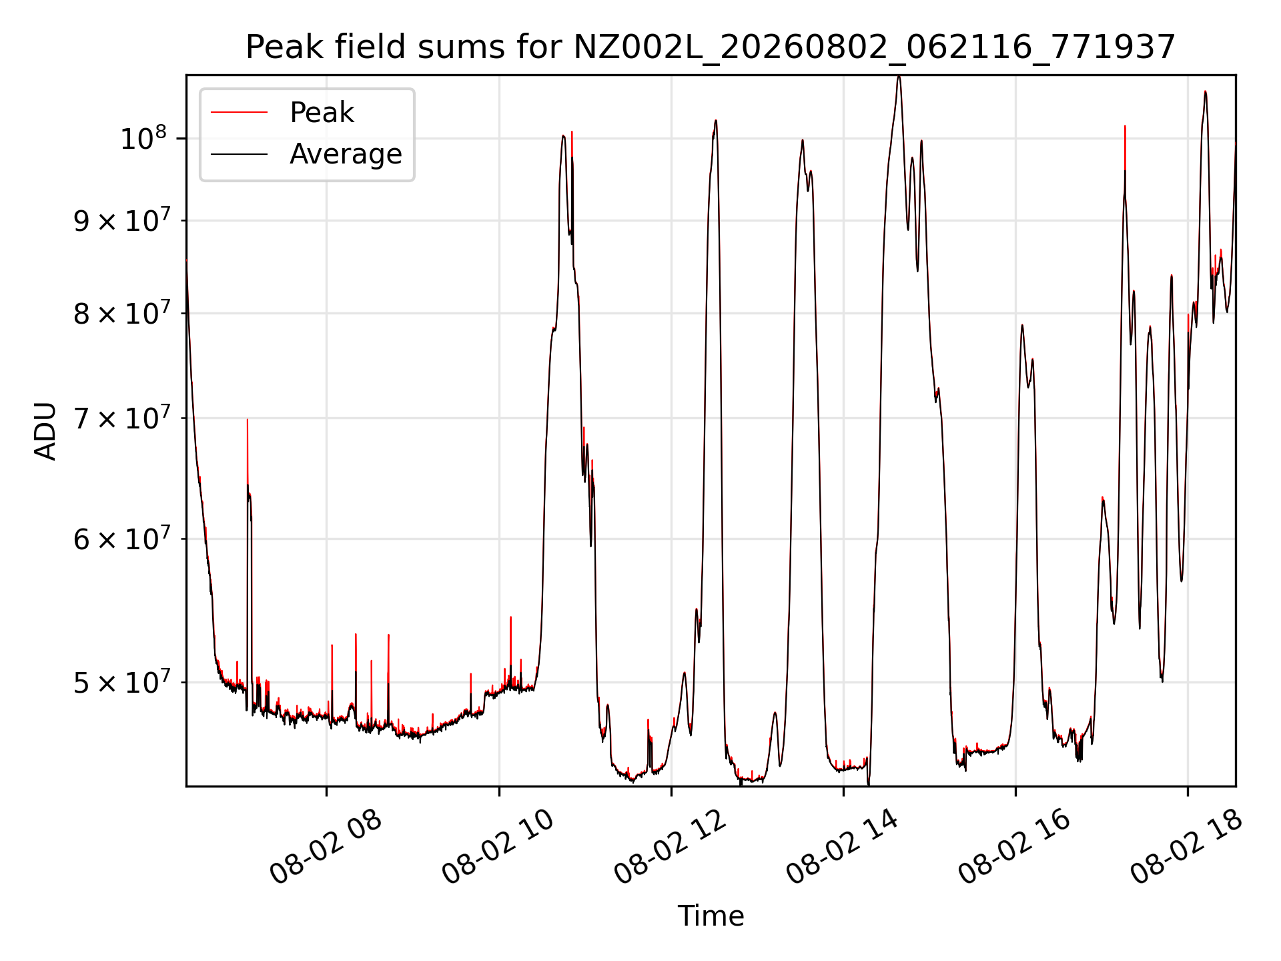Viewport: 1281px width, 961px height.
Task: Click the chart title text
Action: [x=711, y=47]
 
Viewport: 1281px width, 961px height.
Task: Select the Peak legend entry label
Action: [x=322, y=113]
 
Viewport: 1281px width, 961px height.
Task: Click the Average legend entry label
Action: [x=346, y=154]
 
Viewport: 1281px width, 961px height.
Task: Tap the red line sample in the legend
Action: [x=239, y=113]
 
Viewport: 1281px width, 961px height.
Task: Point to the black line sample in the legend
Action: [x=239, y=154]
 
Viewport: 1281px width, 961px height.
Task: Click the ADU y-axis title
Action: [x=45, y=430]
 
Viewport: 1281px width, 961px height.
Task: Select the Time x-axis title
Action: [x=711, y=916]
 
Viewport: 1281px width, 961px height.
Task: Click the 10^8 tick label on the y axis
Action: [x=143, y=138]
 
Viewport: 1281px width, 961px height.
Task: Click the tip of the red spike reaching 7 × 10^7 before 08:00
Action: [x=247, y=420]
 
